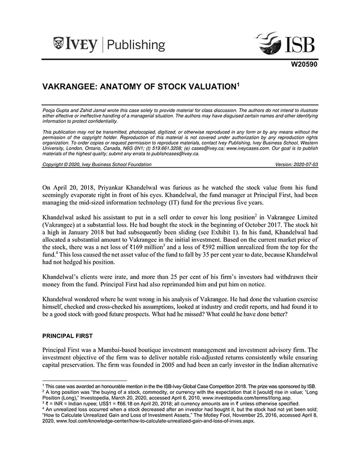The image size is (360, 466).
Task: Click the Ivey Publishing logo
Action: pos(109,44)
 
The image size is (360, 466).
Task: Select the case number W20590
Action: pos(304,65)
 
